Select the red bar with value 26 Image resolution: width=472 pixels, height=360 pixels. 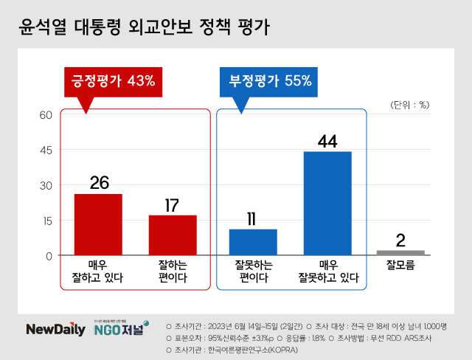coord(98,224)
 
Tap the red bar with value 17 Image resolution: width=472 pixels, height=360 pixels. coord(173,235)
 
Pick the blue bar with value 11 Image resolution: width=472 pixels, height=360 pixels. coord(253,242)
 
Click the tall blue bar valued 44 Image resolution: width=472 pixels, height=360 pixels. coord(327,203)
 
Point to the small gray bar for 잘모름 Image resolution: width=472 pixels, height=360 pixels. coord(400,253)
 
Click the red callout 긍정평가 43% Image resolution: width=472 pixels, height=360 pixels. coord(113,81)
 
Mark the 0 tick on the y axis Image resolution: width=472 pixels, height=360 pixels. coord(48,256)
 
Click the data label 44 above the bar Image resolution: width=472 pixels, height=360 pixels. coord(327,139)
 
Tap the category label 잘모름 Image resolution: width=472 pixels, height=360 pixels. coord(400,266)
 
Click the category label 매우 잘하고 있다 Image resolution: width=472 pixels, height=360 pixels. coord(98,271)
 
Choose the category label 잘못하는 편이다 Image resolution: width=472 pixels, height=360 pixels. coord(253,271)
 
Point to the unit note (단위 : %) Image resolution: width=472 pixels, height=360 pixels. coord(409,104)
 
